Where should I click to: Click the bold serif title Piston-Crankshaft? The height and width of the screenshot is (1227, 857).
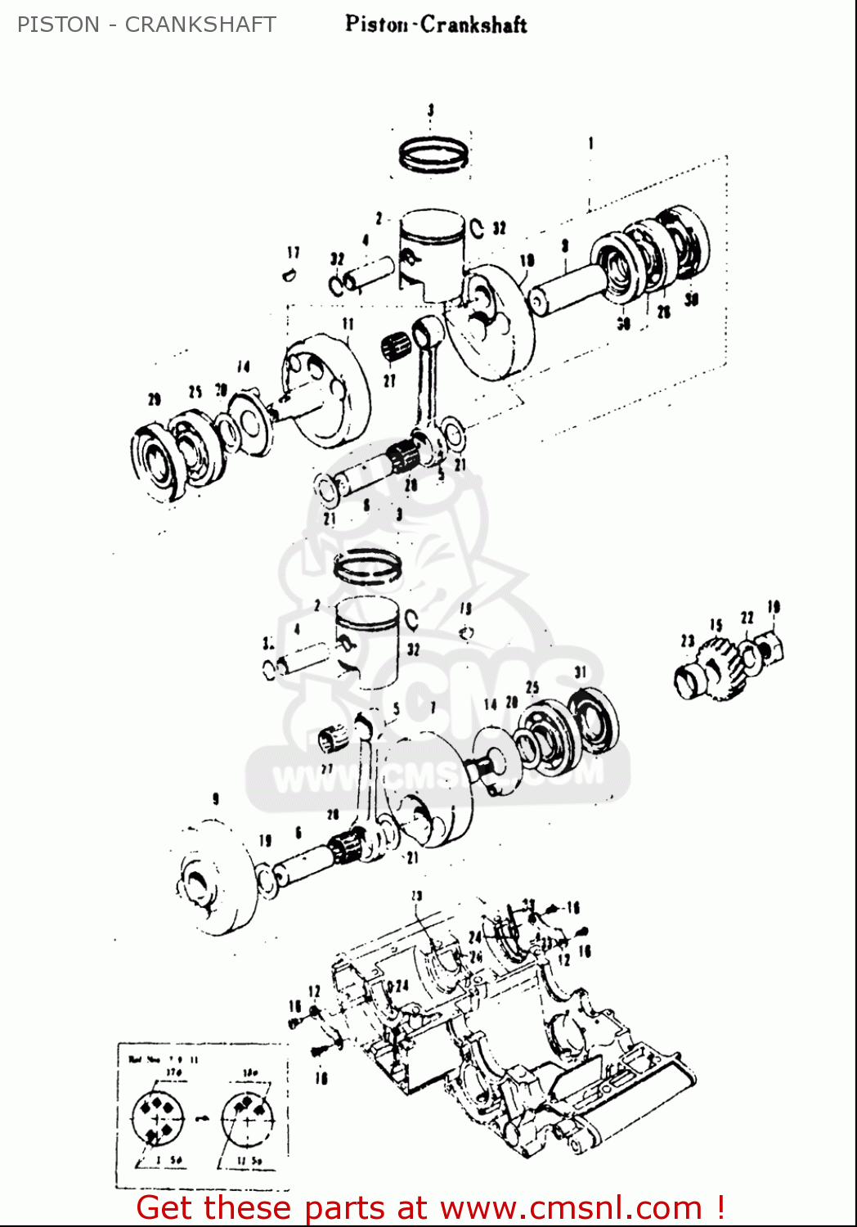pos(436,25)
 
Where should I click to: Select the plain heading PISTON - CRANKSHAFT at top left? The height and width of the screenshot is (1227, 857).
pos(146,25)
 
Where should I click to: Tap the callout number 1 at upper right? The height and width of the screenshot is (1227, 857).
pos(590,144)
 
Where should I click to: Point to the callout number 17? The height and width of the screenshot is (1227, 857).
pos(294,253)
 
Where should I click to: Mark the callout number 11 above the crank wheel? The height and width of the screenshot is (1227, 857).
pos(348,324)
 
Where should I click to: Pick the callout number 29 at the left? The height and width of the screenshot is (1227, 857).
pos(155,399)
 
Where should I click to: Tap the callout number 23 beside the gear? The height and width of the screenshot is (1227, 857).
pos(687,641)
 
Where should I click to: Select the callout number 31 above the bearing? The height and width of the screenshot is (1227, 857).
pos(581,672)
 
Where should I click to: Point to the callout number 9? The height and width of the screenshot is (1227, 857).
pos(215,799)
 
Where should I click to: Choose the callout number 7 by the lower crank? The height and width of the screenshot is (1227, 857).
pos(433,707)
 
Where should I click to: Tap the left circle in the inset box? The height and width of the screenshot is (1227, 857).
pos(159,1118)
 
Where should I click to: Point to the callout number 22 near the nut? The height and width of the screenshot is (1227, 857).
pos(747,618)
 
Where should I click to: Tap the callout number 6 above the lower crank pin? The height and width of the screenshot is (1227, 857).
pos(298,833)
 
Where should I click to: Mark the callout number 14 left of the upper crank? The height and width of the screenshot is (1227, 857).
pos(243,366)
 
